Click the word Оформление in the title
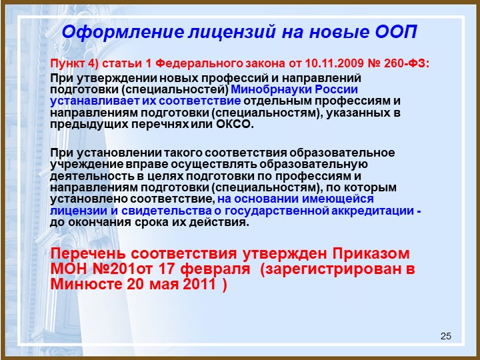pos(123,33)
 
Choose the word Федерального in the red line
pos(199,63)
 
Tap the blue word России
pos(337,90)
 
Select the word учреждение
pos(87,165)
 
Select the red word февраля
pos(215,269)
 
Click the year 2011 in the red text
pos(199,284)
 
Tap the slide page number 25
pos(446,336)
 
